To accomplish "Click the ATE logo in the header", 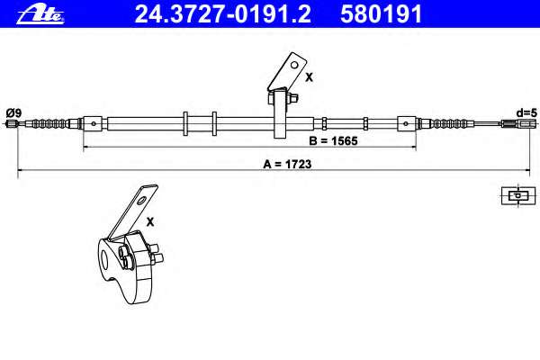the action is pyautogui.click(x=40, y=15).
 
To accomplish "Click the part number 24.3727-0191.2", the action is pyautogui.click(x=223, y=14).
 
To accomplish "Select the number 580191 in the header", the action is pyautogui.click(x=382, y=14).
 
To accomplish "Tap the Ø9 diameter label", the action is pyautogui.click(x=13, y=112).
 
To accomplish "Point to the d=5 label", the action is pyautogui.click(x=526, y=112).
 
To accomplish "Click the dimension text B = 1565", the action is pyautogui.click(x=333, y=141).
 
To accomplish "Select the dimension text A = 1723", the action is pyautogui.click(x=287, y=165).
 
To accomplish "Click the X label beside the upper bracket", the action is pyautogui.click(x=309, y=77).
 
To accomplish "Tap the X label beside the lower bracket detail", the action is pyautogui.click(x=150, y=222).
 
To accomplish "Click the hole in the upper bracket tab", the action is pyautogui.click(x=294, y=65).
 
